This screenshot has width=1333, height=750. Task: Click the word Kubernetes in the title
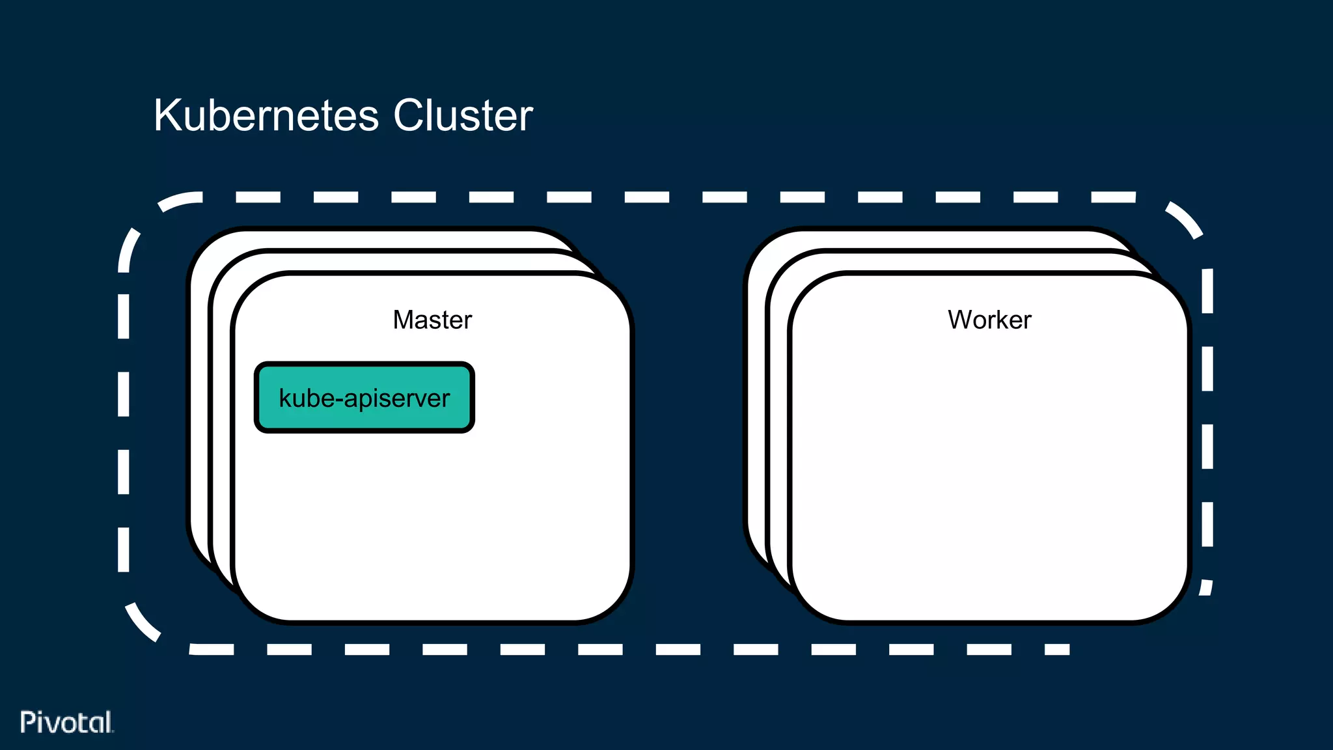266,116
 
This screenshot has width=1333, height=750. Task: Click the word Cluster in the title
463,116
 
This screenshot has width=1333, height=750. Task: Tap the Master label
432,320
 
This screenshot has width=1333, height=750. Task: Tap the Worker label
989,320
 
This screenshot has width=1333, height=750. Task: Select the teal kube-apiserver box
364,397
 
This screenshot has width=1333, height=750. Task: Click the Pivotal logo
66,722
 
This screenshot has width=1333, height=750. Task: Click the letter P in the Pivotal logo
27,722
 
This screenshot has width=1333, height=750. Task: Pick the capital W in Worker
960,320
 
